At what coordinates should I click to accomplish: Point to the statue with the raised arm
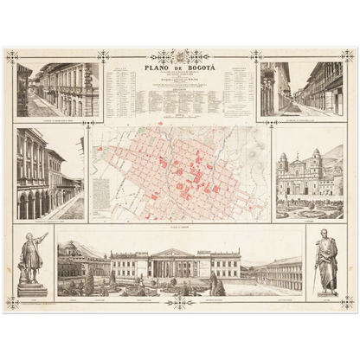point(32,257)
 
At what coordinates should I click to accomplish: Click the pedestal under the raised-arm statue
point(32,288)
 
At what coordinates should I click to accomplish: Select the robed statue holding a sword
point(326,261)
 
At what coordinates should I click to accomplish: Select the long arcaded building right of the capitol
point(280,273)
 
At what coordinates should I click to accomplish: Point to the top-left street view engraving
point(58,89)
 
